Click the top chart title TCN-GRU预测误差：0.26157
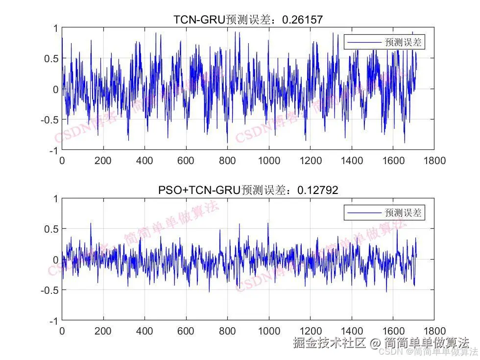tap(248, 20)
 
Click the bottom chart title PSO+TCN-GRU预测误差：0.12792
tap(248, 190)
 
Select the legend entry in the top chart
tap(384, 43)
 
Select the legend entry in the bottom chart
tap(384, 213)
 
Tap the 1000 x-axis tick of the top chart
tap(269, 161)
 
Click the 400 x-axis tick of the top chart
tap(144, 161)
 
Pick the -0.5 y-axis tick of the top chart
tap(49, 120)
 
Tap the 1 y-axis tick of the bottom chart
tap(55, 199)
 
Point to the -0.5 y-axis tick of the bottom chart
tap(49, 290)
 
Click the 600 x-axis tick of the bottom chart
tap(186, 331)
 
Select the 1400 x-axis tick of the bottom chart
tap(352, 331)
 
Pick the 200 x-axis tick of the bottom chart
tap(103, 331)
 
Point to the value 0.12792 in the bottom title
tap(321, 190)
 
